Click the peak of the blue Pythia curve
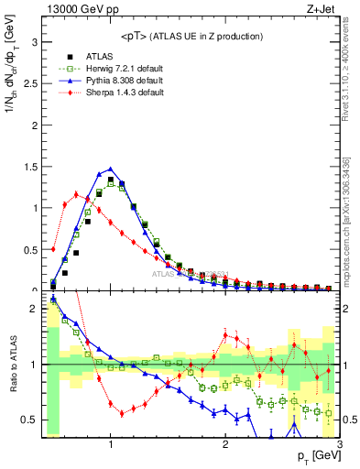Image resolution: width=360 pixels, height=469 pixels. click(x=111, y=169)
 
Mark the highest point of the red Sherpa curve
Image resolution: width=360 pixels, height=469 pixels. click(x=76, y=193)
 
